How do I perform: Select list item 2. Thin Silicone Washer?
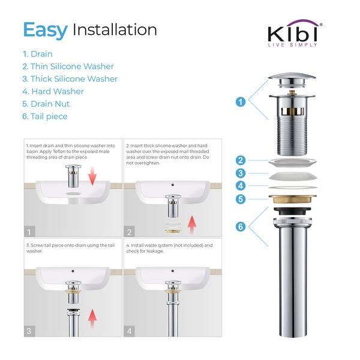[x=68, y=67]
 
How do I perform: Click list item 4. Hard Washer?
[x=53, y=91]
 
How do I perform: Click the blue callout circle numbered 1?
[x=241, y=102]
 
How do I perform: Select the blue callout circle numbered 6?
[x=241, y=226]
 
